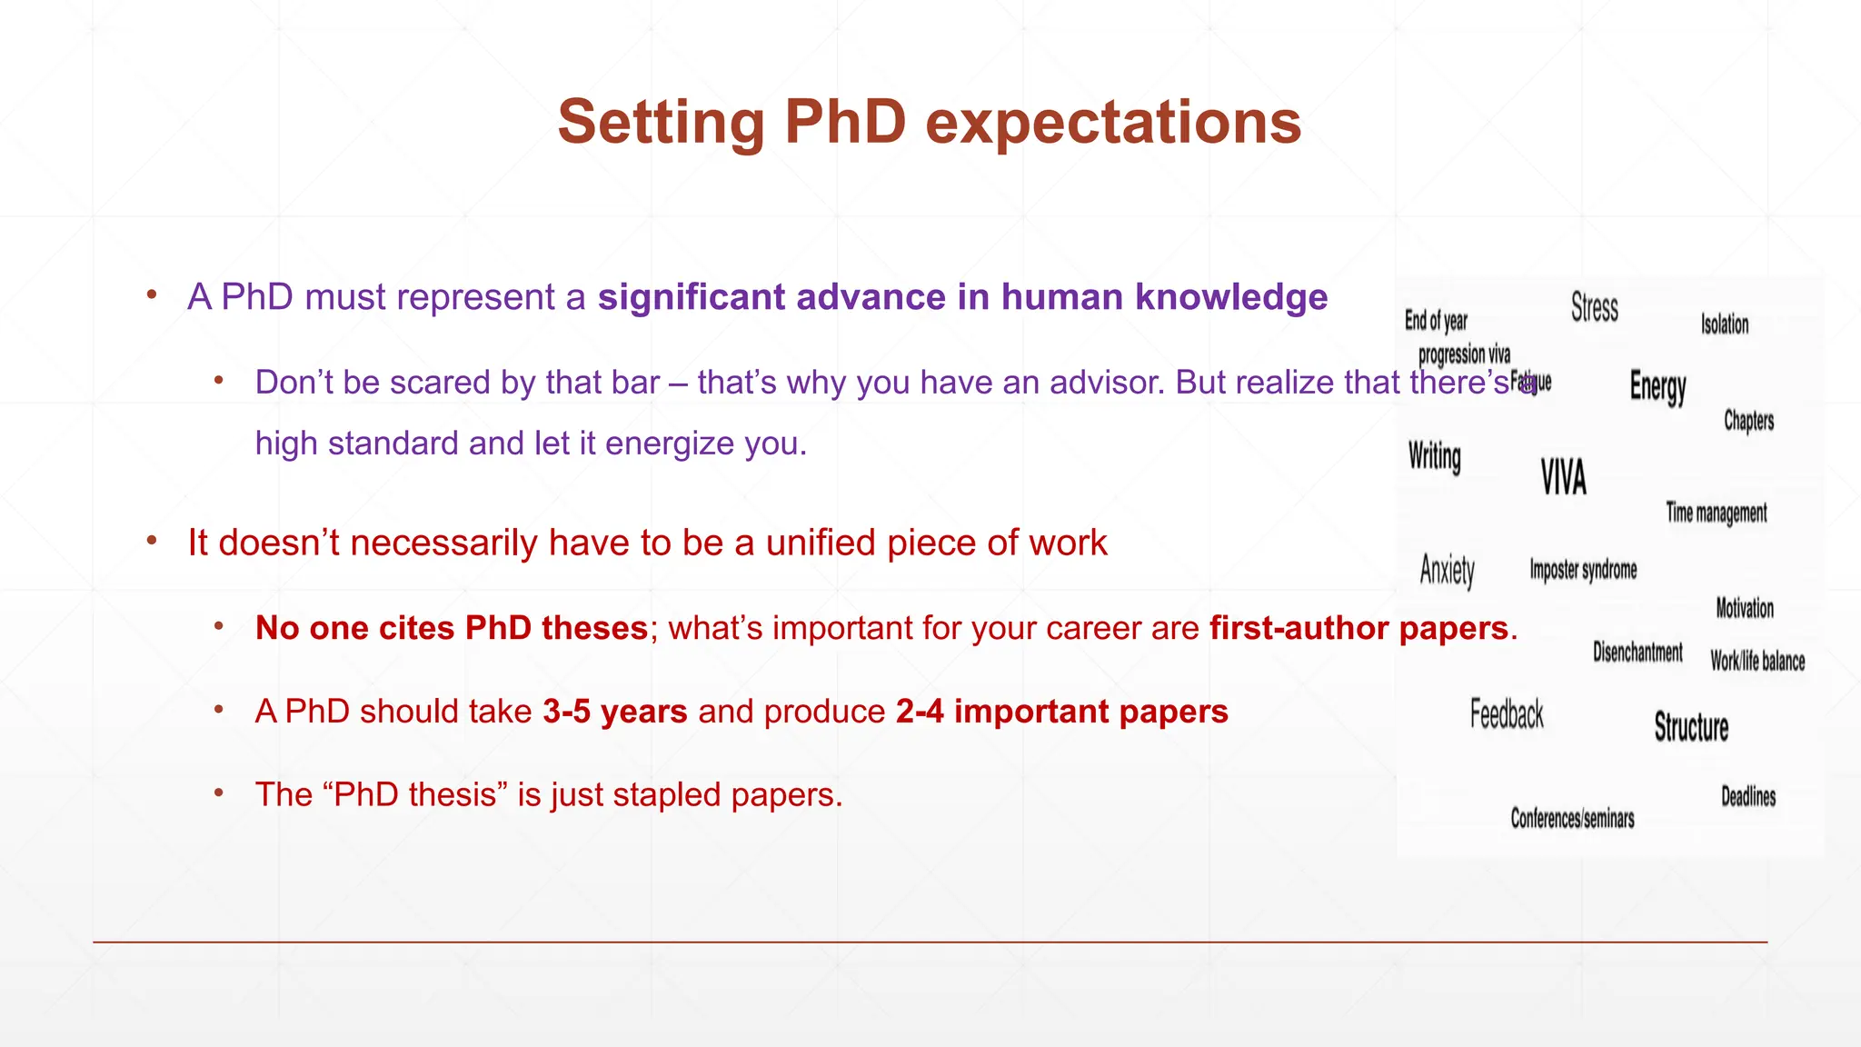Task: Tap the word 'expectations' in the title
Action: click(1113, 123)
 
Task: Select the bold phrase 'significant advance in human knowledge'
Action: click(962, 297)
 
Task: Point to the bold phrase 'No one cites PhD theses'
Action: click(452, 628)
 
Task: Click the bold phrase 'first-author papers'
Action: click(1358, 628)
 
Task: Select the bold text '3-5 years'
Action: click(615, 712)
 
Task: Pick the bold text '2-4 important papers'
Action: click(1061, 712)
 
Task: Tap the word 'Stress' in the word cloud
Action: click(1595, 307)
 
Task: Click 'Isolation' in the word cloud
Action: click(1725, 324)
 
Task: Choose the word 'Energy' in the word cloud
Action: click(1657, 387)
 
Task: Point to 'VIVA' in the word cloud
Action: click(1564, 477)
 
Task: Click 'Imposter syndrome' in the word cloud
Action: click(1583, 571)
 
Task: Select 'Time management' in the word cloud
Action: click(1717, 514)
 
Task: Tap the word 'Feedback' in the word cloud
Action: click(1507, 714)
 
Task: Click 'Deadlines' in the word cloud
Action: click(1748, 797)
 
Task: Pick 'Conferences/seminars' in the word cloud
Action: click(1572, 819)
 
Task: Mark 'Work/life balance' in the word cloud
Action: click(1757, 662)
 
